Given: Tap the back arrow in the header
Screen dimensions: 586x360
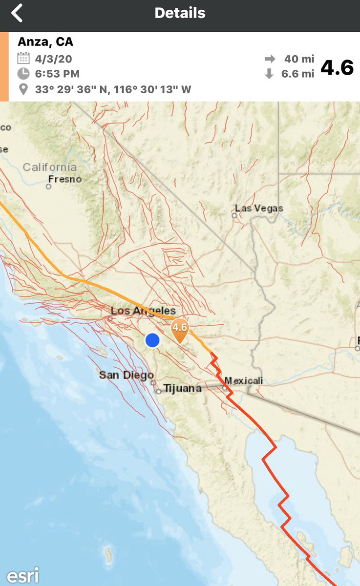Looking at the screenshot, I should coord(17,13).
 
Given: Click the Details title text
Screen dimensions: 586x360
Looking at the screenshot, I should coord(180,13).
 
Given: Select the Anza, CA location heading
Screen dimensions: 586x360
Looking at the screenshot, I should coord(45,42).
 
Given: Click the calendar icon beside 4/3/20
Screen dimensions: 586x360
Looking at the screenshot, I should coord(23,59).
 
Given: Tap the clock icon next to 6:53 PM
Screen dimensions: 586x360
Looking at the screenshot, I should coord(23,74).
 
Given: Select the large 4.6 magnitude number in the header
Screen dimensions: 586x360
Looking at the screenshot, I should coord(337,67).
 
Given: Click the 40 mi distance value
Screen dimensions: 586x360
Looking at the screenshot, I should coord(299,59).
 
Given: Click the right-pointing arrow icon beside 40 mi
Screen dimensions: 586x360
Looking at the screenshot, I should coord(270,59).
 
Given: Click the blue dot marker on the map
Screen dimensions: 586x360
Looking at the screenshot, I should coord(152,340).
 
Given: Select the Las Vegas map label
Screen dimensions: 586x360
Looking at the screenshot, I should coord(259,209).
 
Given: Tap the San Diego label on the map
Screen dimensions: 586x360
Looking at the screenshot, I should coord(123,375).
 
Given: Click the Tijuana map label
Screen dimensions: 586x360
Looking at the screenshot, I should coord(182,389).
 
